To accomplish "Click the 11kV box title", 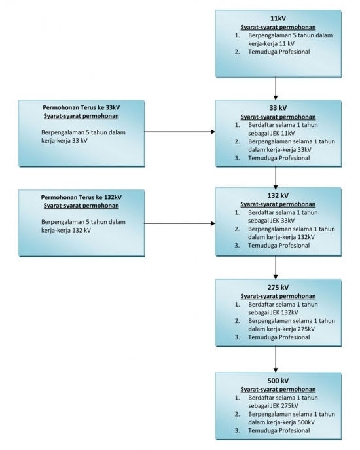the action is pos(278,18).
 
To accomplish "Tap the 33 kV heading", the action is pos(278,108).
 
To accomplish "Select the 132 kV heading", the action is pos(278,195).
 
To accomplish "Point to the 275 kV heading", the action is pos(278,288).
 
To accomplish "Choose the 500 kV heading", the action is pos(278,381).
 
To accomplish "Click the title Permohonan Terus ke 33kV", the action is pos(81,107).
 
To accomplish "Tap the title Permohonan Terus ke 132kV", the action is pos(81,197).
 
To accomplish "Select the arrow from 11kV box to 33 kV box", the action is pos(276,88).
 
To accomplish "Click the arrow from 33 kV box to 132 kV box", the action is pos(276,177).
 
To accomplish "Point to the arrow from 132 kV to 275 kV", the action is pos(276,267).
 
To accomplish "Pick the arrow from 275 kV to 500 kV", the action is pos(276,359).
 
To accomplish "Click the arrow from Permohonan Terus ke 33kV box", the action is pos(179,132).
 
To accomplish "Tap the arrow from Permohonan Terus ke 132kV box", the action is pos(179,223).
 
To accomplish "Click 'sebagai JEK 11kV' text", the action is pos(272,133).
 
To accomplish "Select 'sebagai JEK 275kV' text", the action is pos(273,406).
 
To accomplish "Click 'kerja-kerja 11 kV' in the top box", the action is pos(271,44).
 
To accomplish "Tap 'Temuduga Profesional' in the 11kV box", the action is pos(279,52).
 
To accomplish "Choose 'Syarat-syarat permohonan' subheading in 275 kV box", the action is pos(278,296).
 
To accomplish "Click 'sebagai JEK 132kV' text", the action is pos(273,312).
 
